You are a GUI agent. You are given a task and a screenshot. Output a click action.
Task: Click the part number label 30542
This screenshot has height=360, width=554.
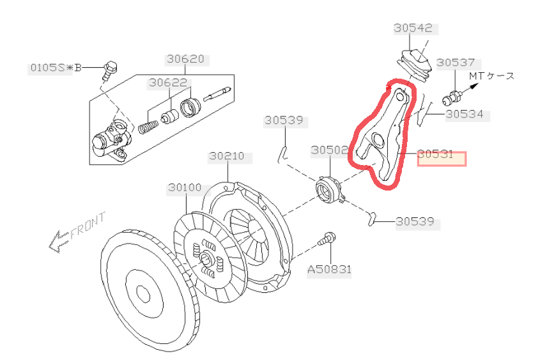tap(413, 29)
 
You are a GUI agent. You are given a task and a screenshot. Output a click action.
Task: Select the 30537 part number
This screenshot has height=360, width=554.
tap(456, 63)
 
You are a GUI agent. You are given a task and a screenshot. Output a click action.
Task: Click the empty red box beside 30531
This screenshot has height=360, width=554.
tap(442, 159)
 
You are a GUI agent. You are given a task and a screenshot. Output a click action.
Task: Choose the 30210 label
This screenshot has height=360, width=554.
tap(228, 156)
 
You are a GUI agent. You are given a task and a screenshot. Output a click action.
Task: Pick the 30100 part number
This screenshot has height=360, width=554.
tap(185, 188)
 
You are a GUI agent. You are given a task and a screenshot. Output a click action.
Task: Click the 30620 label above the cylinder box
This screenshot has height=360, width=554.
tap(186, 59)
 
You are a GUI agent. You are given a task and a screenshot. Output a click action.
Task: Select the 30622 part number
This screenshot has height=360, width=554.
tap(168, 82)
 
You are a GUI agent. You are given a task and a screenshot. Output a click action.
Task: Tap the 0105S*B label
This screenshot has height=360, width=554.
tap(51, 67)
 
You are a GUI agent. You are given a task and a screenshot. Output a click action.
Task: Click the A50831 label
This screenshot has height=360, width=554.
tap(329, 270)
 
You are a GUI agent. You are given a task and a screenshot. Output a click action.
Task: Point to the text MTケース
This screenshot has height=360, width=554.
tap(491, 76)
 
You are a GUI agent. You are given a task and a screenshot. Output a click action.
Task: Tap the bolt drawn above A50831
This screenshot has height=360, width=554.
tap(328, 240)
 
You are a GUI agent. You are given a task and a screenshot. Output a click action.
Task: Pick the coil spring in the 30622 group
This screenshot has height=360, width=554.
tap(147, 121)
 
